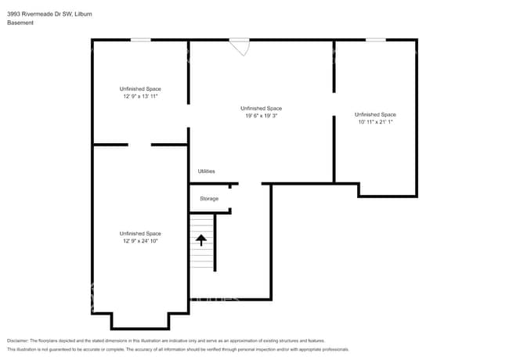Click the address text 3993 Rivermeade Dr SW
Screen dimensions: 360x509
point(34,13)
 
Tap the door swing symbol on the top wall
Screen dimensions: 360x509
point(240,47)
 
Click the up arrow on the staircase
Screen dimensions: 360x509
point(201,240)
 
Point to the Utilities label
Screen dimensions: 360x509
point(206,171)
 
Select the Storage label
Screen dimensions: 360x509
point(209,199)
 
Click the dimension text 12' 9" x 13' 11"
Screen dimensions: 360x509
point(140,97)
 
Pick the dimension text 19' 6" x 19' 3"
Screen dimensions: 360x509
point(261,115)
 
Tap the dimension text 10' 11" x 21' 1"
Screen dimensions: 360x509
point(375,122)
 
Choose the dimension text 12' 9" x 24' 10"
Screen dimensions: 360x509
point(140,241)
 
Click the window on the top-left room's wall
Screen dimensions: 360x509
point(140,40)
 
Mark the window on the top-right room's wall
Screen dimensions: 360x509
point(375,40)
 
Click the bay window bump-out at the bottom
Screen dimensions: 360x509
point(140,321)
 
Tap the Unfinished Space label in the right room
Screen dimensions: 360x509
point(375,114)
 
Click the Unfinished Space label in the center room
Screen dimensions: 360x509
point(261,108)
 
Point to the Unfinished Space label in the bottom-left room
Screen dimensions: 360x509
point(140,233)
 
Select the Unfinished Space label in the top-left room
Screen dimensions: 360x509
point(140,89)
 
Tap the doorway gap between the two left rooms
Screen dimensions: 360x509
point(139,144)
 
